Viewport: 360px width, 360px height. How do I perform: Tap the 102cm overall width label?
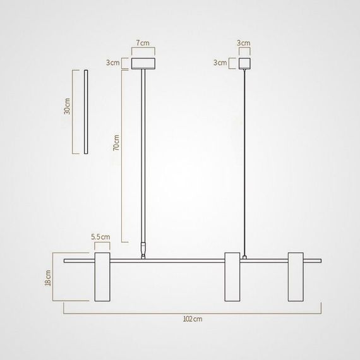coord(193,320)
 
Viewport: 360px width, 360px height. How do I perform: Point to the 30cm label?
coord(66,107)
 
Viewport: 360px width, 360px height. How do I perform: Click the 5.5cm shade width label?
coord(101,237)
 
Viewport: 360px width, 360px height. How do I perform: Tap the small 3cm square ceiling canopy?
coord(244,63)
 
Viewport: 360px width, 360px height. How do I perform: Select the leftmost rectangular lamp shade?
coord(102,277)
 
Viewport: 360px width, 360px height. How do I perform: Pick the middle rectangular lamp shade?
coord(232,277)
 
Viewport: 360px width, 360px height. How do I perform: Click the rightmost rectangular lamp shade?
coord(297,277)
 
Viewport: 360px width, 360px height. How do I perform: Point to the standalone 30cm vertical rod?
coord(84,112)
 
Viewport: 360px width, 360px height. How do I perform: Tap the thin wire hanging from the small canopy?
coord(244,158)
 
